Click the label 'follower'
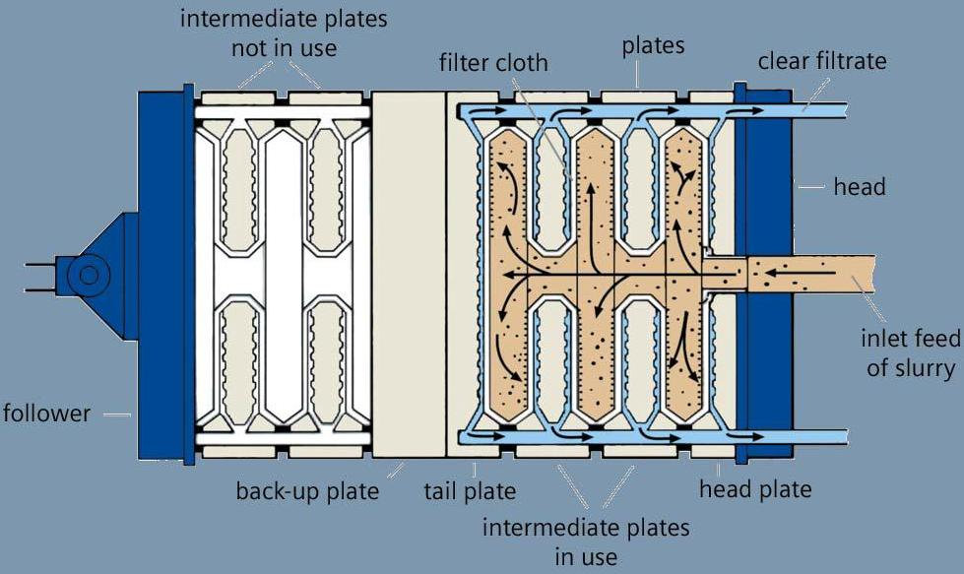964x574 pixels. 45,413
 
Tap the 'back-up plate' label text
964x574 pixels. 307,490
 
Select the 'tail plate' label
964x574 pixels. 469,490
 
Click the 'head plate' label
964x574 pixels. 755,488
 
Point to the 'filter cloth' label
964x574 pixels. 493,63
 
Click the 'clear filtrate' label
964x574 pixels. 822,61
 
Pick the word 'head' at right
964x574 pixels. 860,185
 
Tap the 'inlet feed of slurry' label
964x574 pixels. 909,353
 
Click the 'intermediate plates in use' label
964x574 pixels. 586,541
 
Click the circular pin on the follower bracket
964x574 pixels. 88,274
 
